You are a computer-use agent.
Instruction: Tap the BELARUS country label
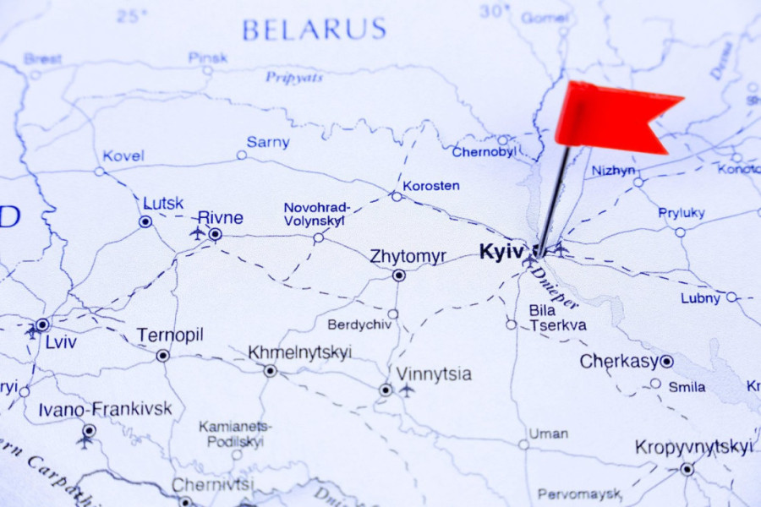coord(314,30)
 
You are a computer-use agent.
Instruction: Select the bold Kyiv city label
coord(502,252)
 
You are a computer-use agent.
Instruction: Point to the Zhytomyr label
coord(408,256)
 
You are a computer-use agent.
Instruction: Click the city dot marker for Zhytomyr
coord(398,275)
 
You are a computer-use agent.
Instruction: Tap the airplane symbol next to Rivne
coord(198,232)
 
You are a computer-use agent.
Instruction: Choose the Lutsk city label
coord(163,203)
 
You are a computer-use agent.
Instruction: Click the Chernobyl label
coord(485,152)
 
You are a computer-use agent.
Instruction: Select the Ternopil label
coord(170,335)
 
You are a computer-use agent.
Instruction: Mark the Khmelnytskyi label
coord(299,352)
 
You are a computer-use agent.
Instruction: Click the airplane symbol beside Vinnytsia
coord(407,390)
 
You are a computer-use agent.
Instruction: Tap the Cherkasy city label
coord(619,362)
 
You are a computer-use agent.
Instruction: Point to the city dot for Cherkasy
coord(666,362)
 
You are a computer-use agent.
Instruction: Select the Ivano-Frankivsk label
coord(105,409)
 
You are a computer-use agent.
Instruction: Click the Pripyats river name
coord(294,77)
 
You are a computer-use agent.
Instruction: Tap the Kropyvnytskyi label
coord(693,447)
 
